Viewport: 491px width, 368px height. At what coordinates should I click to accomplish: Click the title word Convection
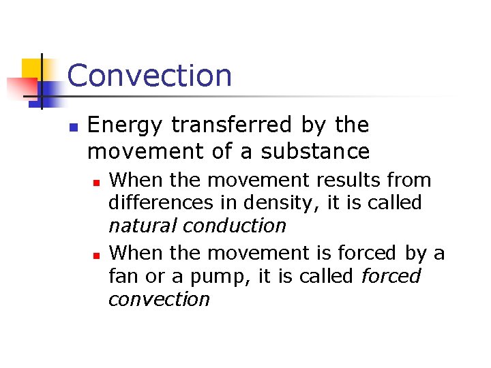(149, 75)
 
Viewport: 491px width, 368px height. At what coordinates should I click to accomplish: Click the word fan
(122, 277)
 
